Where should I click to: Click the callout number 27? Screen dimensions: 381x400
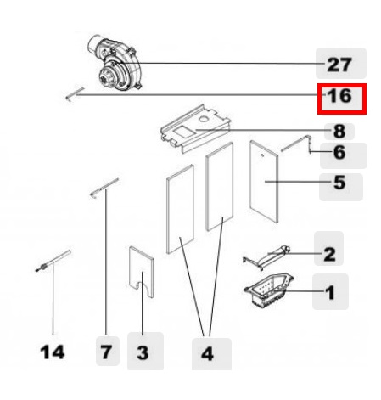pyautogui.click(x=339, y=65)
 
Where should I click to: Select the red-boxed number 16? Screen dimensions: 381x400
pyautogui.click(x=339, y=96)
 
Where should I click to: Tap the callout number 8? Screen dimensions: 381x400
pyautogui.click(x=339, y=132)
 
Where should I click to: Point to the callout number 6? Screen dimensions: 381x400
pyautogui.click(x=339, y=152)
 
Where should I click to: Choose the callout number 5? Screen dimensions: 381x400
pyautogui.click(x=339, y=183)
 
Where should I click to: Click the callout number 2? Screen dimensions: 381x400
pyautogui.click(x=329, y=254)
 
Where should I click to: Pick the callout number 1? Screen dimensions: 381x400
pyautogui.click(x=330, y=293)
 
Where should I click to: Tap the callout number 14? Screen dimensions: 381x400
pyautogui.click(x=53, y=352)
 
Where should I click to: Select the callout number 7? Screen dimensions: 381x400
pyautogui.click(x=106, y=352)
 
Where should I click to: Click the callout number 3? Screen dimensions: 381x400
pyautogui.click(x=143, y=353)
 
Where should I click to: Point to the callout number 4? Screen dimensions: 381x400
pyautogui.click(x=207, y=354)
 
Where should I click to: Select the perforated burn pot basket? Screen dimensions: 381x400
pyautogui.click(x=269, y=290)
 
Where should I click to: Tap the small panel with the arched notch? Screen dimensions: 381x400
pyautogui.click(x=141, y=272)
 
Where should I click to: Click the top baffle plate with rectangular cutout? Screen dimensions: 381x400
pyautogui.click(x=196, y=129)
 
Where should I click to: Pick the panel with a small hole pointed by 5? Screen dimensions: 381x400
pyautogui.click(x=264, y=182)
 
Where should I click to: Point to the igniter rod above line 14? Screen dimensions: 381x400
pyautogui.click(x=53, y=261)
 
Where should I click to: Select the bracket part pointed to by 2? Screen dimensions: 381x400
pyautogui.click(x=266, y=257)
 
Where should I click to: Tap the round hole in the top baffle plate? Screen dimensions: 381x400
pyautogui.click(x=203, y=119)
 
